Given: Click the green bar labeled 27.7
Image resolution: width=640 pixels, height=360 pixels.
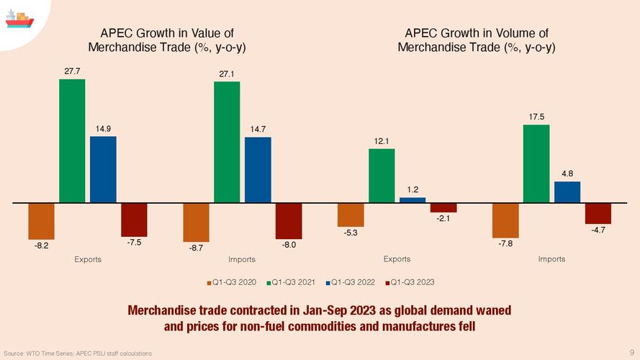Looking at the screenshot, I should (72, 140).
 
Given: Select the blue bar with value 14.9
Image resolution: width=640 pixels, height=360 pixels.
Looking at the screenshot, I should (103, 169).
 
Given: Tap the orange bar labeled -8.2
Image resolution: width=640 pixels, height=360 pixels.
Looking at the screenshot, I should (41, 220).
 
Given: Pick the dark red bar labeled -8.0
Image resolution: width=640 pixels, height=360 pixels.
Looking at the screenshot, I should (289, 220).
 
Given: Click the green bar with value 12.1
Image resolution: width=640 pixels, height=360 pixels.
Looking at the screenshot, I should (382, 176).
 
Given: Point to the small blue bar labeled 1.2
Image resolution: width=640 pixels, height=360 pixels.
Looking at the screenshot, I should (413, 199).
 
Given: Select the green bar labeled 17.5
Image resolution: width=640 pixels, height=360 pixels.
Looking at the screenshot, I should (536, 163).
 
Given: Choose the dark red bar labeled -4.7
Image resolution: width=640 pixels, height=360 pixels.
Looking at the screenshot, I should (598, 213).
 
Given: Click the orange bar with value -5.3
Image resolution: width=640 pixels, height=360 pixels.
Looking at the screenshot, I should (351, 215).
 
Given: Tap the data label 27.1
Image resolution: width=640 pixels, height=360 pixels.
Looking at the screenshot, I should (227, 74).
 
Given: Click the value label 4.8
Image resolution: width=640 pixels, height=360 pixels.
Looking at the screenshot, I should (567, 174).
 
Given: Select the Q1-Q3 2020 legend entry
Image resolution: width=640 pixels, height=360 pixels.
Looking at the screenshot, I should (233, 282).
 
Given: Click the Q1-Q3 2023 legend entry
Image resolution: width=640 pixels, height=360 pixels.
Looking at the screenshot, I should (409, 282).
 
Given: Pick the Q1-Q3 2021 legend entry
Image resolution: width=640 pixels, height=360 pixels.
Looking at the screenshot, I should (292, 282).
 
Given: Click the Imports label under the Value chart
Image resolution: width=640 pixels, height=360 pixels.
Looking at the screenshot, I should (242, 259).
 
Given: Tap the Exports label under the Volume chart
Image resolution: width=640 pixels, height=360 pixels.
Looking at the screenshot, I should (397, 259).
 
